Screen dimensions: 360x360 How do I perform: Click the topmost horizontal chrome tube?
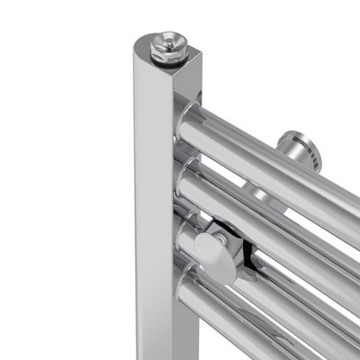(x=270, y=153)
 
